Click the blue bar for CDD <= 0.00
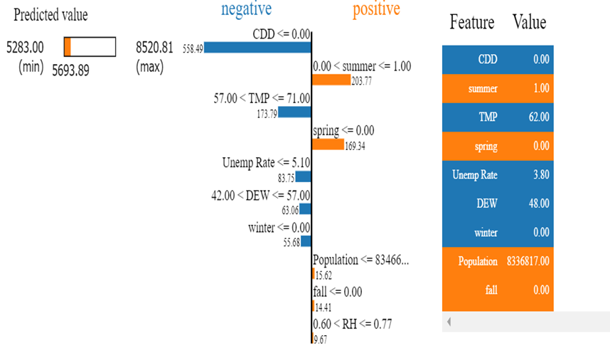(257, 47)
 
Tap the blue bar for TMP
(294, 112)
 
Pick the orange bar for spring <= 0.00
(328, 144)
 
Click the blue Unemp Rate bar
(304, 176)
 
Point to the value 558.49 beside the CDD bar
(193, 48)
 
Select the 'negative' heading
(246, 9)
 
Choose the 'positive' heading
(376, 9)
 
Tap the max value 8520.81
(154, 48)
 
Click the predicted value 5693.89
(70, 70)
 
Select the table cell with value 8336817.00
(528, 261)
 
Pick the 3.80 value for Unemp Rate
(541, 175)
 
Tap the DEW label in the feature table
(486, 203)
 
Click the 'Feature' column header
(471, 23)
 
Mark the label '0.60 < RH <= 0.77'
(352, 324)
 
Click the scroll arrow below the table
(449, 322)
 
